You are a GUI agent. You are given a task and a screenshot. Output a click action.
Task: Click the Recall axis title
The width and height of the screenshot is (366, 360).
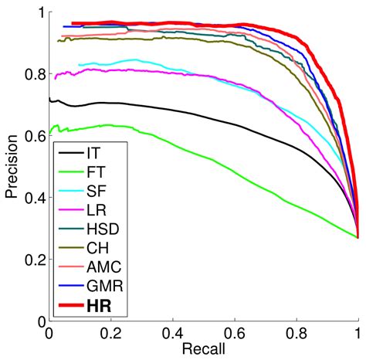pos(203,348)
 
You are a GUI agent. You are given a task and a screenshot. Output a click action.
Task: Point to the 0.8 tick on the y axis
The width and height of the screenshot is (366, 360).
pos(34,75)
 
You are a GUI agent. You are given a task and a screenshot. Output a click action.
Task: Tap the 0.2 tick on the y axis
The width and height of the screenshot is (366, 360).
pos(34,259)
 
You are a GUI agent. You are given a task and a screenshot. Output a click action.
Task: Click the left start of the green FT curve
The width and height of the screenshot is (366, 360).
pos(50,132)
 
